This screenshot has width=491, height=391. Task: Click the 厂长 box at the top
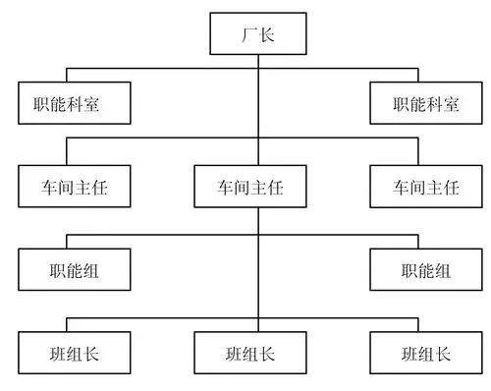257,36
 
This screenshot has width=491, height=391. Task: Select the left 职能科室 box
73,103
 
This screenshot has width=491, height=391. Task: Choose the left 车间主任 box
73,187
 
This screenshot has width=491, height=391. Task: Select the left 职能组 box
73,270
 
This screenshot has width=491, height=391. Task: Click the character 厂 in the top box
247,36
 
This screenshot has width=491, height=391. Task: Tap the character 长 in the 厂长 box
268,36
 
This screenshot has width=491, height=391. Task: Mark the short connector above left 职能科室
65,76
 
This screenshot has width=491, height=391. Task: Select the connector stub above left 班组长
65,326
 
